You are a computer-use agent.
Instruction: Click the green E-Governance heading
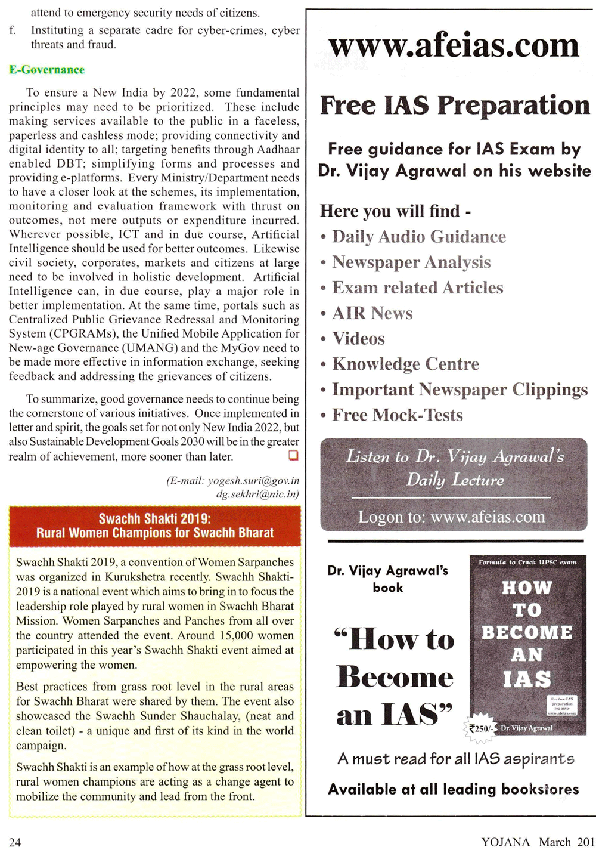[x=46, y=70]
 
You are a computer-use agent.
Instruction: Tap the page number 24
[x=15, y=842]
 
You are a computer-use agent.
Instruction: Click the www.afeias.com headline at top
[x=454, y=47]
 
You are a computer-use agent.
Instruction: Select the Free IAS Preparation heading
[x=455, y=106]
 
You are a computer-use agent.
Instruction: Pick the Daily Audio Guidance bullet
[x=418, y=237]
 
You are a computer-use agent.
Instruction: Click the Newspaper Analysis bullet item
[x=411, y=262]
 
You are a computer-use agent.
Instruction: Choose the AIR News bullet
[x=372, y=313]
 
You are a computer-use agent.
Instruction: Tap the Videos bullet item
[x=358, y=339]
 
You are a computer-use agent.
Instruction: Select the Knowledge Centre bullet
[x=405, y=364]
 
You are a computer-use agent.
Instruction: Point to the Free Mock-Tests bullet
[x=397, y=415]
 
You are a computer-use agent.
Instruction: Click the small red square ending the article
[x=293, y=456]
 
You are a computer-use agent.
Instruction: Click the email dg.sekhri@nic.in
[x=257, y=494]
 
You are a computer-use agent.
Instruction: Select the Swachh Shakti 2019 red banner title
[x=155, y=526]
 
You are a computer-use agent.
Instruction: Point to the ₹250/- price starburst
[x=480, y=728]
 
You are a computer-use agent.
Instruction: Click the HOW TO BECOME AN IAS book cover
[x=527, y=644]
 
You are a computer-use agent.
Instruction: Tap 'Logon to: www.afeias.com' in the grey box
[x=451, y=517]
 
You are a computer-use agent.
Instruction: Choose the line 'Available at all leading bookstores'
[x=454, y=789]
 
